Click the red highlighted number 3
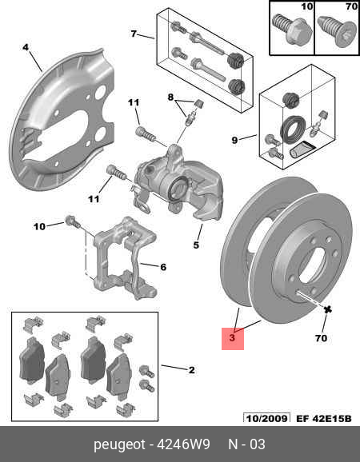[x=231, y=338]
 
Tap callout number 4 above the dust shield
[x=26, y=47]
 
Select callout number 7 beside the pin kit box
[x=134, y=35]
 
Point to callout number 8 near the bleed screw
[x=170, y=98]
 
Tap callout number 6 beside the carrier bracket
[x=163, y=267]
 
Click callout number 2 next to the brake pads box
[x=191, y=369]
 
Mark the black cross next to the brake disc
[x=327, y=309]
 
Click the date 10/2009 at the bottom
[x=265, y=417]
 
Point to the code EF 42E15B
[x=322, y=417]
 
